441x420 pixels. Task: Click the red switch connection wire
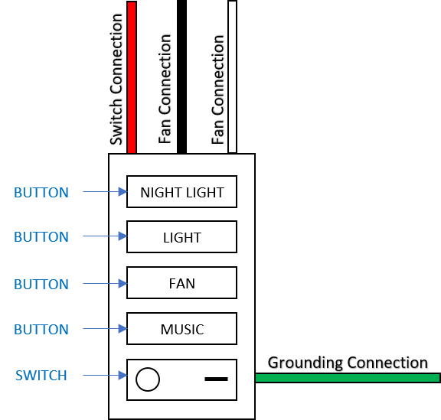(132, 77)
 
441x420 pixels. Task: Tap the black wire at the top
(181, 77)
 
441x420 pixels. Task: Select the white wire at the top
(232, 77)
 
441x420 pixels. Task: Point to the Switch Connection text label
(116, 79)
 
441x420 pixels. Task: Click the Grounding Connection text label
(348, 363)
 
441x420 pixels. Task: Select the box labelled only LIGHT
(181, 238)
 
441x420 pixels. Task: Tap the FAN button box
(181, 284)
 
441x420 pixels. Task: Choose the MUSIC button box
(181, 330)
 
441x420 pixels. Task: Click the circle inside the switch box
(148, 379)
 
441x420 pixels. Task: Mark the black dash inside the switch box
(217, 379)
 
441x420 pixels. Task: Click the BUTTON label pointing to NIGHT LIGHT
(41, 193)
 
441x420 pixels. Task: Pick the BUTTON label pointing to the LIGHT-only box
(41, 237)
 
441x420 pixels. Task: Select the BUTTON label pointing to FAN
(41, 284)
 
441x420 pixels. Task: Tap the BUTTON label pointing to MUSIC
(41, 330)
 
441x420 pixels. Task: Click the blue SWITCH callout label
(41, 376)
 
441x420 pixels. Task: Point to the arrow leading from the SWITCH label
(104, 376)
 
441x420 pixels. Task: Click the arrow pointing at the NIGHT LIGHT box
(104, 193)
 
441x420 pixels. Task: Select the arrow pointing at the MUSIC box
(104, 330)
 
